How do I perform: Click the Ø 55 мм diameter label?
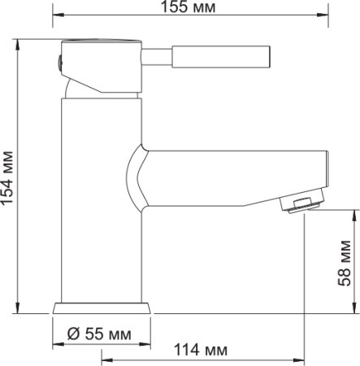pos(99,333)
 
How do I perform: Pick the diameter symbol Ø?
pos(72,333)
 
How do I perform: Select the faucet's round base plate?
pos(102,308)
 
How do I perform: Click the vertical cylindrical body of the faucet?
pos(102,203)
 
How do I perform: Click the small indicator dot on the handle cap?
pos(58,59)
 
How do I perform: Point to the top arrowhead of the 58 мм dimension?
pos(355,213)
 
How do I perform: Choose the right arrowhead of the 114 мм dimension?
pos(301,359)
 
